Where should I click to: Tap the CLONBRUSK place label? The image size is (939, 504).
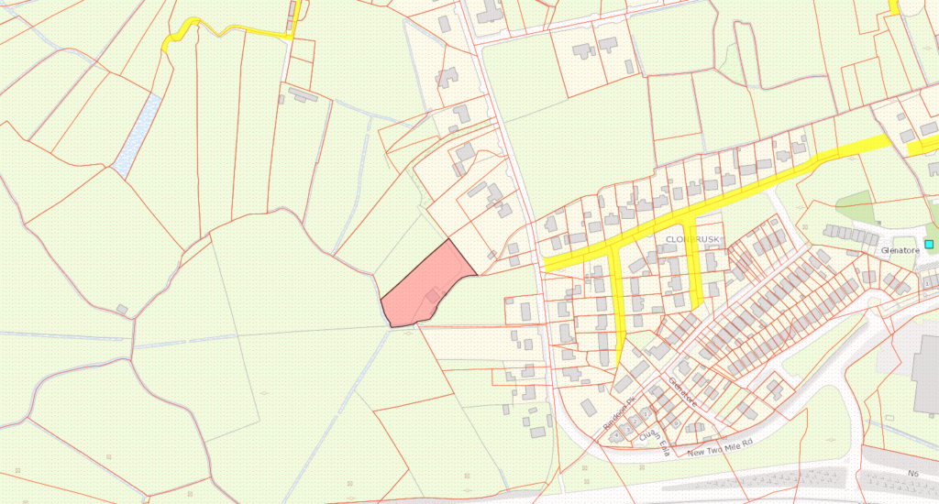tap(690, 239)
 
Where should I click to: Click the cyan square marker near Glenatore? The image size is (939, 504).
tap(929, 244)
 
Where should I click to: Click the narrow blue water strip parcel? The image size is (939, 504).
tap(136, 136)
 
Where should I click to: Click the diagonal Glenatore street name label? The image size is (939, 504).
tap(683, 391)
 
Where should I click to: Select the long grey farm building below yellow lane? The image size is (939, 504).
tap(304, 93)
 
